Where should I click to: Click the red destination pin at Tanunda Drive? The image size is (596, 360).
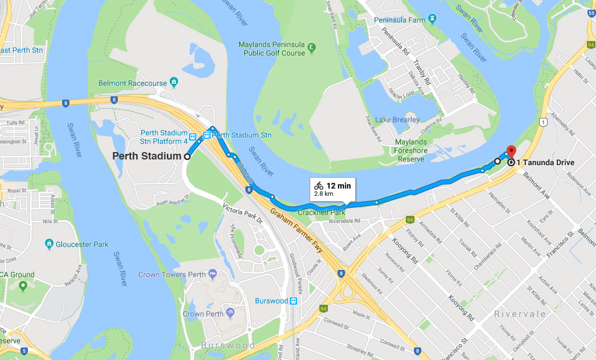pos(511,152)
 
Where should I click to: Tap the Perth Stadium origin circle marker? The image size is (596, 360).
pos(187,156)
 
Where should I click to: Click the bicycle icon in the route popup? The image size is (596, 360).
pos(318,185)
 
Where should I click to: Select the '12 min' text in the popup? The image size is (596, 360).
pos(339,185)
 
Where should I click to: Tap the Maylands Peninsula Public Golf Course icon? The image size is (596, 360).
pos(311,47)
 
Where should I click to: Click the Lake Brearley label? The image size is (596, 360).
pos(397,120)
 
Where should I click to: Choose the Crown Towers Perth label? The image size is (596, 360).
pos(171,275)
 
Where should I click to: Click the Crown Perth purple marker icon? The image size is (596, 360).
pos(230,313)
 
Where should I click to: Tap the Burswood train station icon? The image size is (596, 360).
pos(293,301)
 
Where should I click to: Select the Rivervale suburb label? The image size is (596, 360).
pos(520,314)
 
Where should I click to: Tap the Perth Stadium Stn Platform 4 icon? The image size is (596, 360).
pos(194,136)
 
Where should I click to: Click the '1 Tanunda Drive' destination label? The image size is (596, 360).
pos(545,162)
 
